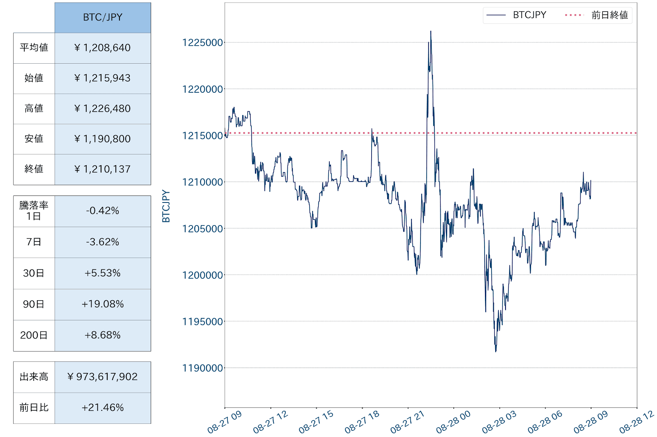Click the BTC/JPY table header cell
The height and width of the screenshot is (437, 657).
[103, 18]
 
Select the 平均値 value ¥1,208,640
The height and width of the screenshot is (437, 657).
[103, 48]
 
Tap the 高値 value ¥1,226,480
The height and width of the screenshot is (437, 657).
[103, 109]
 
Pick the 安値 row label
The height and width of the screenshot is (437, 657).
[34, 139]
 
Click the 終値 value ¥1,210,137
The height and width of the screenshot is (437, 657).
[103, 169]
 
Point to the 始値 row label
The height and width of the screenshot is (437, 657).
[34, 78]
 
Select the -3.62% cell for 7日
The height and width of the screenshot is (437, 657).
[103, 242]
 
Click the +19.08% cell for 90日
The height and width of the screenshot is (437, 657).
[103, 304]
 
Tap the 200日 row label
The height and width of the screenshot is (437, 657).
[34, 335]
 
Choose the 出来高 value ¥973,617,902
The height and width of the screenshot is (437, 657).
[103, 377]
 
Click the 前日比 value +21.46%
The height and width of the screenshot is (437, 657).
[103, 407]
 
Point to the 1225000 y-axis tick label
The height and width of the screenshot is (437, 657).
[202, 43]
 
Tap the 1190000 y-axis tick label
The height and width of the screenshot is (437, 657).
[202, 368]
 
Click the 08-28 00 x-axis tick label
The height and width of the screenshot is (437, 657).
[453, 422]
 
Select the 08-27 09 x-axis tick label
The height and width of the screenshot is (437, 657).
[225, 422]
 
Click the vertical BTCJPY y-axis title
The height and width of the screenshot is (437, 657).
[166, 206]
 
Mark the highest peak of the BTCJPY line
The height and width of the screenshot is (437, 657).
[431, 31]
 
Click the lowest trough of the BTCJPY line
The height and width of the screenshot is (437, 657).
[496, 351]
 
